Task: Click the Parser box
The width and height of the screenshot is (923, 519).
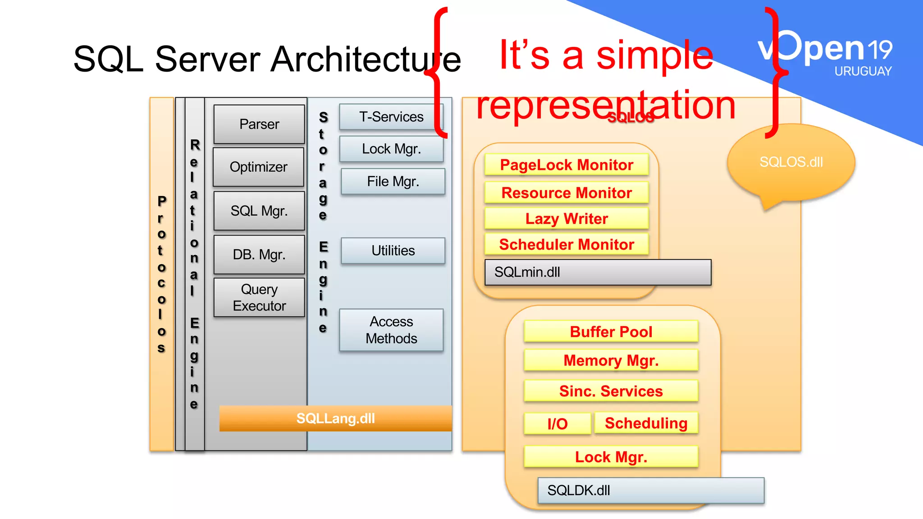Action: coord(259,124)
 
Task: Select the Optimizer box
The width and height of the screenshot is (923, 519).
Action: coord(259,167)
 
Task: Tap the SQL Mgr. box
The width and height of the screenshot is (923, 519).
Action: coord(259,211)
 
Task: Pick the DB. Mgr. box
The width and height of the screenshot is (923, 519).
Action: coord(259,255)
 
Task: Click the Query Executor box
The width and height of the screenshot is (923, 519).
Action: coord(259,297)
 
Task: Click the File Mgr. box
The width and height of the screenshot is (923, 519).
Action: coord(393,182)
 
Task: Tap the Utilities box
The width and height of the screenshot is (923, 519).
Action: coord(393,250)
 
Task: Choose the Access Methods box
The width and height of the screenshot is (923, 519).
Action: coord(391,330)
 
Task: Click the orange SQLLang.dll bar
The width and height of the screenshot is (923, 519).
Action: coord(335,419)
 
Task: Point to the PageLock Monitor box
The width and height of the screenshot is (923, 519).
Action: coord(567,165)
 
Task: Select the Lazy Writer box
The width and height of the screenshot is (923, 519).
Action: coord(567,219)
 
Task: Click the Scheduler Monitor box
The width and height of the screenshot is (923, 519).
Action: coord(567,245)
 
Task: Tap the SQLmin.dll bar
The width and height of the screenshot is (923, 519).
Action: coord(598,272)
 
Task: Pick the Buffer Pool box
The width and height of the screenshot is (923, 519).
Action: coord(611,332)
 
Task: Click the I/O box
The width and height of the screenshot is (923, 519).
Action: coord(557,424)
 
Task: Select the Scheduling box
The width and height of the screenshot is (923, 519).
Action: coord(646,423)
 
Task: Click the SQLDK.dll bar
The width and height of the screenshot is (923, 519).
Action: coord(651,490)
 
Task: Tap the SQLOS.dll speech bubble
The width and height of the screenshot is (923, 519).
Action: coord(791,162)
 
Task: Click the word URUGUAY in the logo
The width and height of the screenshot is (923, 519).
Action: coord(863,71)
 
